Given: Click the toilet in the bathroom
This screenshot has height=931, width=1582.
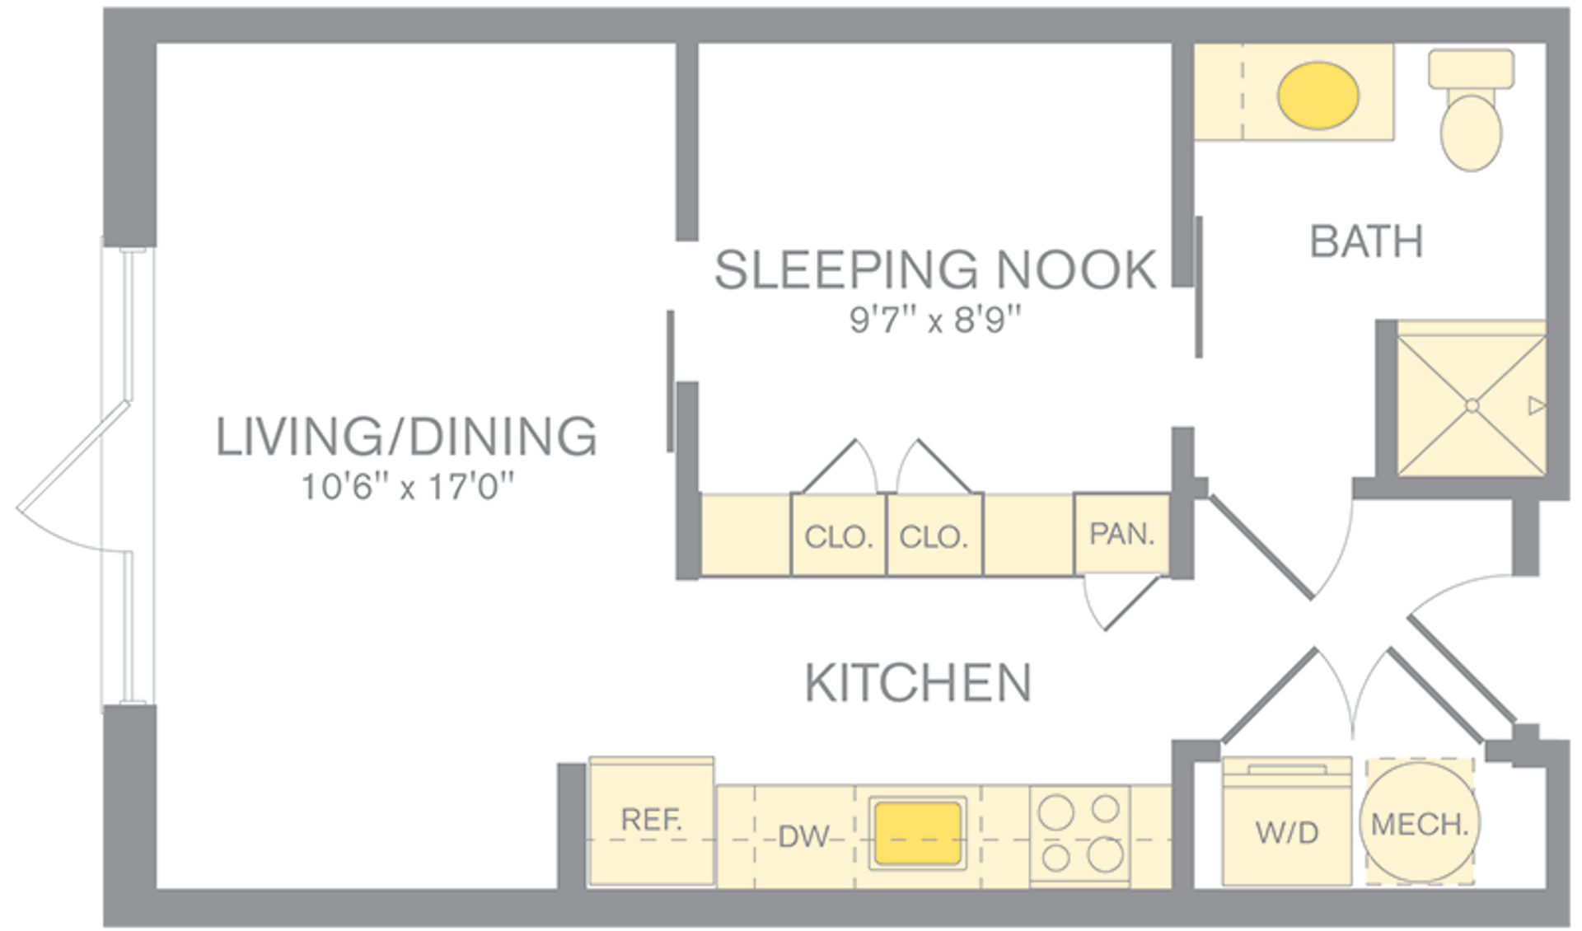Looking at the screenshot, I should [1471, 124].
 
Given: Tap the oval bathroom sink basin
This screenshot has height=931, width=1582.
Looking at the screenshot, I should [1318, 95].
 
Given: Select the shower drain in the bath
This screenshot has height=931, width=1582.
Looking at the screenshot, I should [1472, 405].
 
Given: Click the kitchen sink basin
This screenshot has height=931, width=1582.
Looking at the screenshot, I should [917, 833].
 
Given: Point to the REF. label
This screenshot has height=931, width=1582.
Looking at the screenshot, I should [651, 820].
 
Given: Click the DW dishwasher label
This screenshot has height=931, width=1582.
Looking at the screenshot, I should [803, 836].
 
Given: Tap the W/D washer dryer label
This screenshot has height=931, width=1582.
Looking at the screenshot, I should [1286, 833].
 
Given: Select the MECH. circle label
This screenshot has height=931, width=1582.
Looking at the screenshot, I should [1420, 824].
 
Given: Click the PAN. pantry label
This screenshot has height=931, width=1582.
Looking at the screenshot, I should [1121, 534].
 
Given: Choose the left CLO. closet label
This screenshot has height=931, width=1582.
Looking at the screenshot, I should [838, 537].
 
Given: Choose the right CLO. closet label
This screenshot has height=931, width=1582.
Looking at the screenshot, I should [934, 537].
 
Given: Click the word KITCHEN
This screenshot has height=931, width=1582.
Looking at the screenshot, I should [917, 683].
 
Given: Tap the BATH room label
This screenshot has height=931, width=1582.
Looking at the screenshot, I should [1366, 241].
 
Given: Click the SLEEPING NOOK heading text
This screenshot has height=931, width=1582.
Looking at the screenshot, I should [934, 269].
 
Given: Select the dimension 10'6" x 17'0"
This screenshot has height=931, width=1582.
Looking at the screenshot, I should [406, 487].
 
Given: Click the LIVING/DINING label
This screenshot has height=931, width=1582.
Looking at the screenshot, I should [406, 437].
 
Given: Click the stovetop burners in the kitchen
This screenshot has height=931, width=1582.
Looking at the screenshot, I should [1080, 834].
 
